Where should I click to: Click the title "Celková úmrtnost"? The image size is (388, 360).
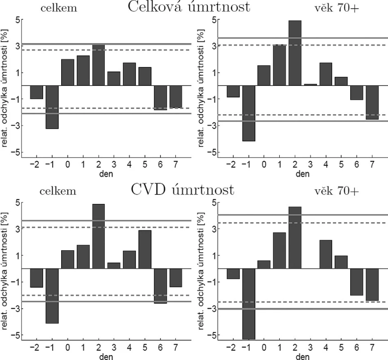click(189, 7)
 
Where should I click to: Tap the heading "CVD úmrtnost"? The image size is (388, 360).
click(183, 190)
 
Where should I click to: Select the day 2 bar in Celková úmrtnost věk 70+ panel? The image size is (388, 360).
click(295, 53)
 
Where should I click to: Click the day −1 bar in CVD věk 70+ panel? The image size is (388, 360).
click(249, 304)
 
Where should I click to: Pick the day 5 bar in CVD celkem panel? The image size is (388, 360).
click(145, 249)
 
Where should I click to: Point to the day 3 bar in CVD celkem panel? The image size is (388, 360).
click(114, 265)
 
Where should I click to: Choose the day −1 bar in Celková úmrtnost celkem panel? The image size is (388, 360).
click(52, 107)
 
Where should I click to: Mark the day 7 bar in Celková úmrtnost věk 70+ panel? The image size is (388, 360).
click(372, 103)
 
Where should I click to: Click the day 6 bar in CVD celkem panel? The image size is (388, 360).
click(161, 286)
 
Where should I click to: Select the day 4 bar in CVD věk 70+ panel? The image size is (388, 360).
click(326, 254)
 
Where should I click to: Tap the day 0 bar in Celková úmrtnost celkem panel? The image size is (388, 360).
click(68, 72)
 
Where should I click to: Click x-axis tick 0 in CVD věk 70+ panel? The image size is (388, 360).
click(264, 347)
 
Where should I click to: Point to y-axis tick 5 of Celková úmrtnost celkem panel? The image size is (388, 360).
click(18, 19)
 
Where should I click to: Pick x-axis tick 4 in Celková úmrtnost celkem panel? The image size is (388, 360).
click(129, 164)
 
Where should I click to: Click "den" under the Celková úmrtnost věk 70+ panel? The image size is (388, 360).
click(303, 174)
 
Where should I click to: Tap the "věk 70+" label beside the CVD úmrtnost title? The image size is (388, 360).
click(337, 191)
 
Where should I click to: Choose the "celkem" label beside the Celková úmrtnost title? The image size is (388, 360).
click(59, 8)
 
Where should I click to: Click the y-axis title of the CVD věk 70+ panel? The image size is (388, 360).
click(201, 271)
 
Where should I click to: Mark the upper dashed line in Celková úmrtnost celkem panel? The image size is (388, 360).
click(107, 50)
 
